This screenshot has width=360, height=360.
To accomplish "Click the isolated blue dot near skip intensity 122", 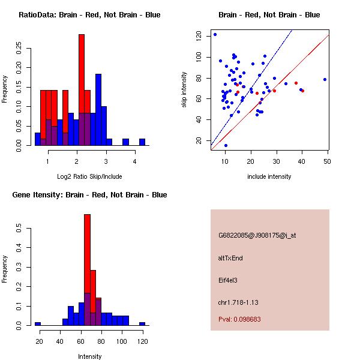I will tap(215, 34).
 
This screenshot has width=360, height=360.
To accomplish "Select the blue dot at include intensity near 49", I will tap(325, 79).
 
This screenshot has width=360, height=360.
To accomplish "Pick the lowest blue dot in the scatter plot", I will tap(226, 145).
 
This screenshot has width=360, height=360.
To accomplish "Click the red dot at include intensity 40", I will tap(302, 91).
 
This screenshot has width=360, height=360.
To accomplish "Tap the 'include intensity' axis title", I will tap(269, 176).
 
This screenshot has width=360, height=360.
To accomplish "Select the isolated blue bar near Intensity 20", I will tap(38, 323).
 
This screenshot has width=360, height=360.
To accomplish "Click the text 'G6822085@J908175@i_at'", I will tap(257, 235).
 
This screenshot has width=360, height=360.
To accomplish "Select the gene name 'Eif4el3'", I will tap(229, 280).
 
